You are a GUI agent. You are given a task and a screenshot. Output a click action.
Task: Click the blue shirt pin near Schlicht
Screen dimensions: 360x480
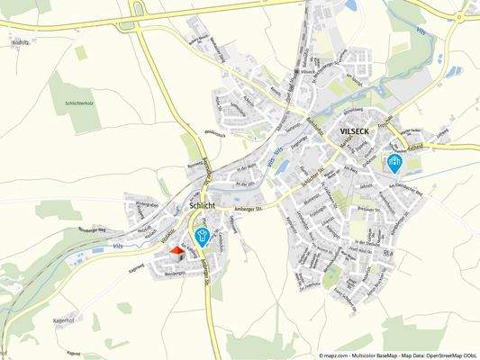202,236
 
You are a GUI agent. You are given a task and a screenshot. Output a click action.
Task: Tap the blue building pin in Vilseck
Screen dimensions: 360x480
394,162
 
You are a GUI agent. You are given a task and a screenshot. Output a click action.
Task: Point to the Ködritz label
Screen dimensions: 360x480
21,42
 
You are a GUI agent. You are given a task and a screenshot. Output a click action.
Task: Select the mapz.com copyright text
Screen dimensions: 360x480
397,355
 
